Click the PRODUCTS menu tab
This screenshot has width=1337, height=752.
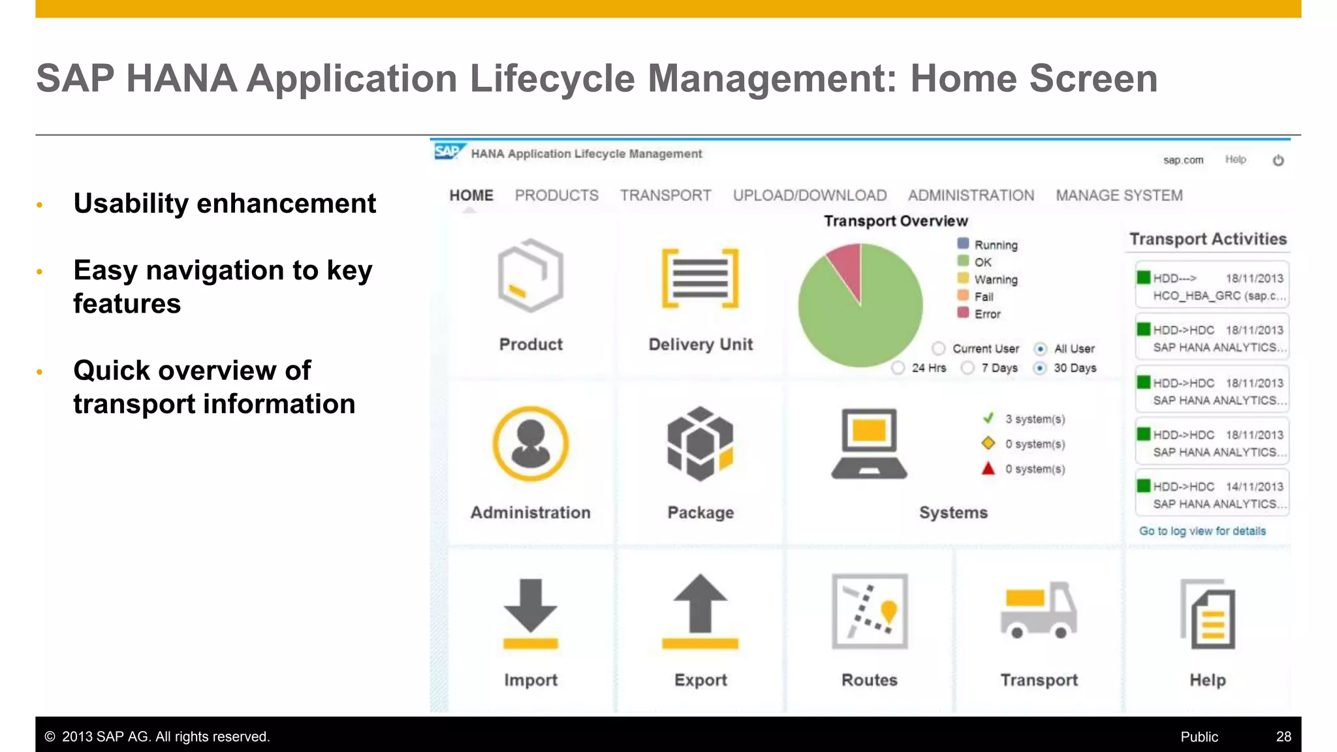click(x=556, y=195)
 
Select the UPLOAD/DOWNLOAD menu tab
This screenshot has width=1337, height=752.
click(x=810, y=195)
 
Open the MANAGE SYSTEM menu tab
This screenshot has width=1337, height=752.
click(x=1119, y=195)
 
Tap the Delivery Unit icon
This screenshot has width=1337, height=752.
click(x=700, y=278)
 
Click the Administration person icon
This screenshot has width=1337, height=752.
click(x=531, y=444)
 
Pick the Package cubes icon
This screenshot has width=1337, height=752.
click(x=700, y=444)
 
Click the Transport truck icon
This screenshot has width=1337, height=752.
click(x=1039, y=610)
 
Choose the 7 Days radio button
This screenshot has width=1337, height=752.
click(x=967, y=368)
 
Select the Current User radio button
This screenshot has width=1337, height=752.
click(x=939, y=349)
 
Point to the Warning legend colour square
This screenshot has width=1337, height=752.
click(x=963, y=279)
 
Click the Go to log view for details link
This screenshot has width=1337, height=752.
click(x=1203, y=531)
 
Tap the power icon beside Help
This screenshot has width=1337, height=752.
click(x=1278, y=161)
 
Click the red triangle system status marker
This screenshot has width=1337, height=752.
click(x=988, y=469)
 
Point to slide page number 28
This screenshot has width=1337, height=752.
click(x=1283, y=736)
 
